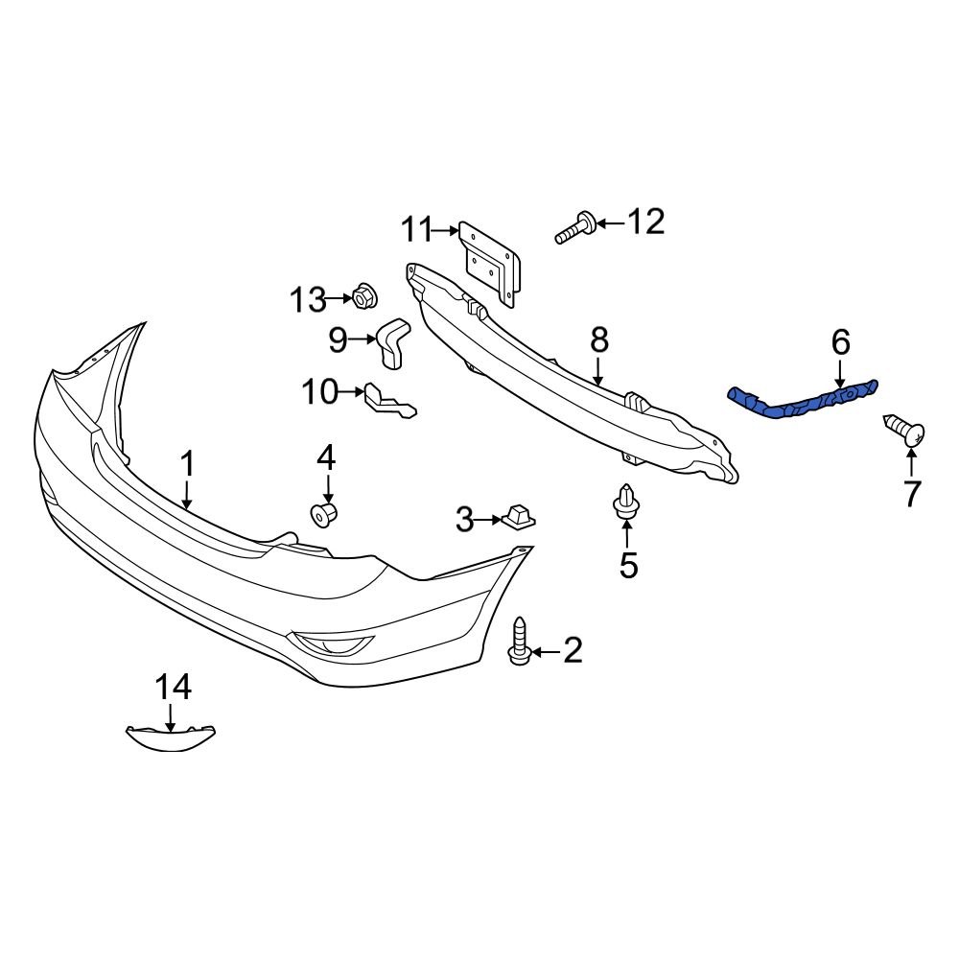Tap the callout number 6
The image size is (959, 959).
pyautogui.click(x=840, y=341)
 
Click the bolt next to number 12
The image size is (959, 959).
pyautogui.click(x=575, y=228)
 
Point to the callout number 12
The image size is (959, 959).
pyautogui.click(x=645, y=222)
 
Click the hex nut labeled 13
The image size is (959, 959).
pyautogui.click(x=364, y=297)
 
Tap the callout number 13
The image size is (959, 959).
pyautogui.click(x=309, y=300)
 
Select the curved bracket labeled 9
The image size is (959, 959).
pyautogui.click(x=392, y=343)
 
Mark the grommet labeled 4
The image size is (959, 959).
pyautogui.click(x=325, y=514)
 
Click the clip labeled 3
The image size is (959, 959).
pyautogui.click(x=518, y=517)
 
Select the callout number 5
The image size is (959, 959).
pyautogui.click(x=628, y=566)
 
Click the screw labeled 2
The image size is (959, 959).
pyautogui.click(x=519, y=641)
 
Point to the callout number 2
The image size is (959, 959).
pyautogui.click(x=573, y=652)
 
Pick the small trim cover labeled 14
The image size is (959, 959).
pyautogui.click(x=171, y=737)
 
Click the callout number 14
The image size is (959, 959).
pyautogui.click(x=174, y=687)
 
